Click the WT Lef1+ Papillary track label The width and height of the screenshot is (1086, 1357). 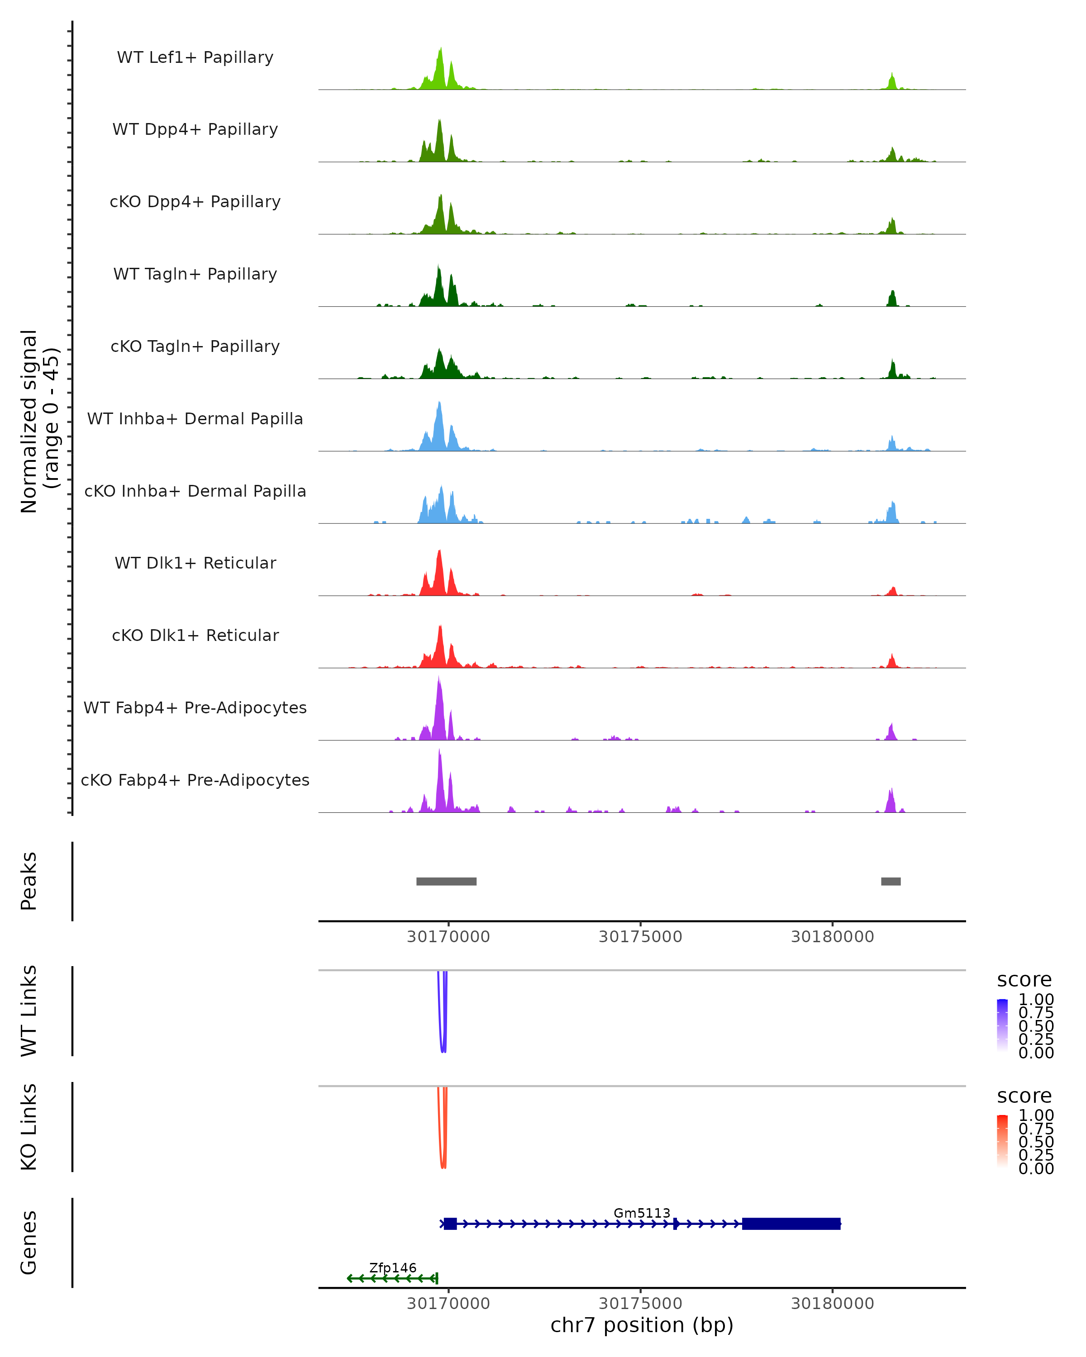(x=195, y=57)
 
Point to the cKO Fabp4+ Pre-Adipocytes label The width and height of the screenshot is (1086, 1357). (x=195, y=780)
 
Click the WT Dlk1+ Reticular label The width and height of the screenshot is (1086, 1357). (x=195, y=563)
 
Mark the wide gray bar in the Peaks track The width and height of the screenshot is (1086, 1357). (x=446, y=881)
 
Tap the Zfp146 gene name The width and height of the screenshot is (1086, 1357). (x=393, y=1267)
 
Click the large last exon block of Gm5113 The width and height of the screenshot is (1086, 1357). (x=791, y=1224)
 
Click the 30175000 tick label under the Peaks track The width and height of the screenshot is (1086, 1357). (x=640, y=937)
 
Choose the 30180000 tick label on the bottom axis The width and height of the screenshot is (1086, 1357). (x=832, y=1304)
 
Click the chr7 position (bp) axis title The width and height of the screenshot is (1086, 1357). (x=642, y=1325)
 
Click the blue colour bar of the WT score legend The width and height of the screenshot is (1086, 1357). (x=1002, y=1025)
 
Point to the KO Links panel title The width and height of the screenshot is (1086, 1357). (x=29, y=1127)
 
